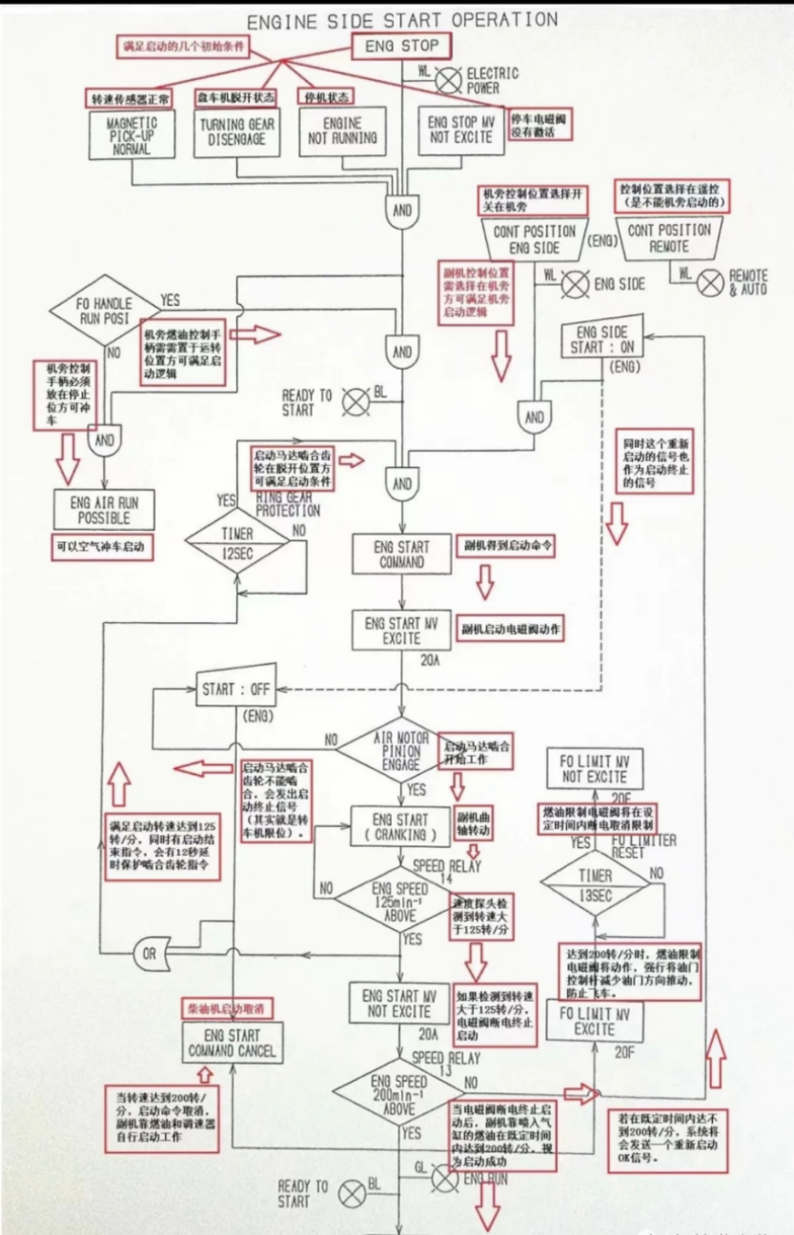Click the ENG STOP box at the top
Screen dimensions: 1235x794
tap(401, 47)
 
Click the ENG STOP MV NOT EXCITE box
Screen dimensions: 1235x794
tap(460, 130)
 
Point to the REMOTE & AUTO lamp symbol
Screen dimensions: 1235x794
tap(710, 280)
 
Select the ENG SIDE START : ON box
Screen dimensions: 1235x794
tap(602, 340)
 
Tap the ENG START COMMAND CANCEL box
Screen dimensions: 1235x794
tap(232, 1044)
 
